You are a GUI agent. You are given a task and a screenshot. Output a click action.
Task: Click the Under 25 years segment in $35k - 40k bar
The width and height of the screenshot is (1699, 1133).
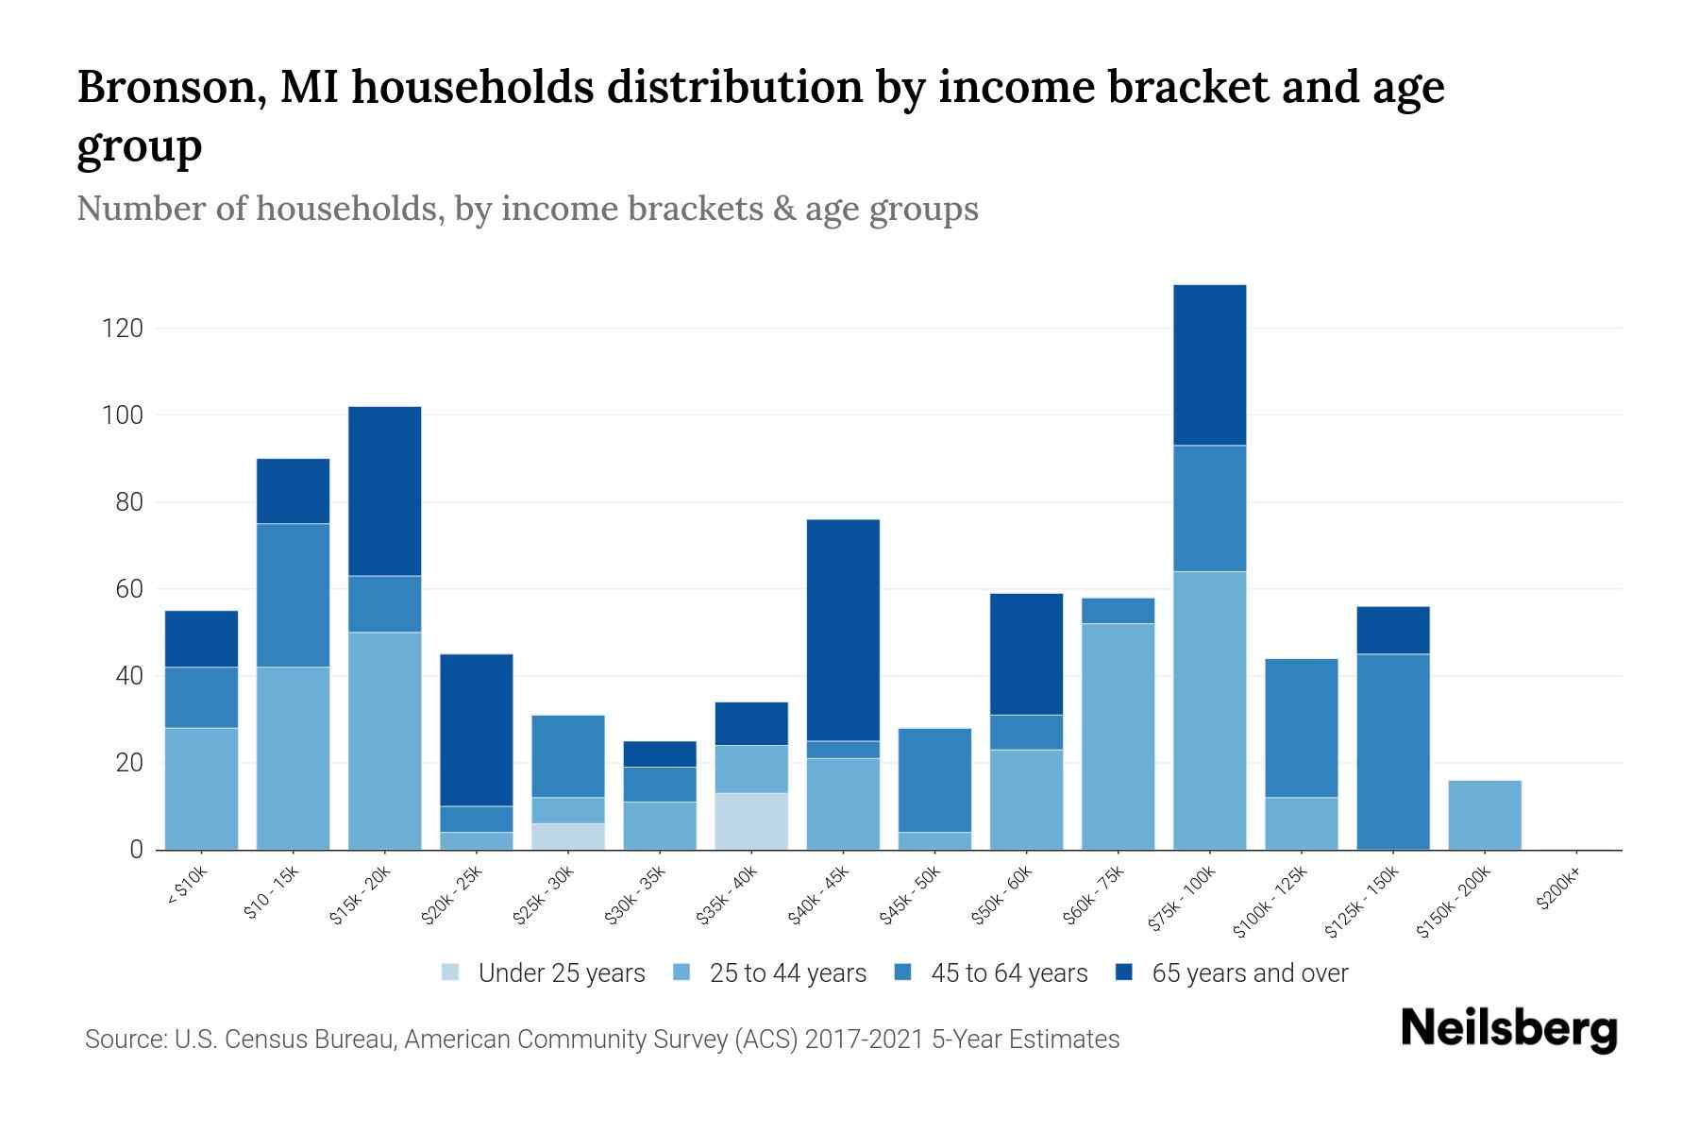pos(751,820)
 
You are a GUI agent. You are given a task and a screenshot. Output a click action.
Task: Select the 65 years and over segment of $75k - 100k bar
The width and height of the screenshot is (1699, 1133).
pos(1209,364)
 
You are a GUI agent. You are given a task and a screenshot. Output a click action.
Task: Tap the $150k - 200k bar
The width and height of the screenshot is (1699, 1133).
pos(1484,815)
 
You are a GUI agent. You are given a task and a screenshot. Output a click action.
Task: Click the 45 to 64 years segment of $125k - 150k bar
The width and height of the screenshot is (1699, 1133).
pos(1392,752)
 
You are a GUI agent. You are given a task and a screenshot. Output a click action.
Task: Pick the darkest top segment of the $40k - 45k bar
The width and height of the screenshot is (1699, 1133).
pos(843,630)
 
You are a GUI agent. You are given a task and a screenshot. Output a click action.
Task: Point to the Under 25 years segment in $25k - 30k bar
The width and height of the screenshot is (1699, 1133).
pos(568,837)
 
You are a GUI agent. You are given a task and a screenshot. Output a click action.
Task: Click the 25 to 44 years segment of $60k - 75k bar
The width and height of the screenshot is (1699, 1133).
pos(1118,736)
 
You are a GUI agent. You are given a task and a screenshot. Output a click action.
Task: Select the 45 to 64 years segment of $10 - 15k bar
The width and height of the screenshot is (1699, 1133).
pos(293,595)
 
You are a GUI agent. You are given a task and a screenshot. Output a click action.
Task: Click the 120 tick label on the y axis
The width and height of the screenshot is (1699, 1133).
pos(123,329)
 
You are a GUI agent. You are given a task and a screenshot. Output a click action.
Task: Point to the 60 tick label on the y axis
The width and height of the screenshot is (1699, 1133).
pos(128,589)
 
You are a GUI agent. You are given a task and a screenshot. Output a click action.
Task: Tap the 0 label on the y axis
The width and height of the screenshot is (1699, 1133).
pos(136,850)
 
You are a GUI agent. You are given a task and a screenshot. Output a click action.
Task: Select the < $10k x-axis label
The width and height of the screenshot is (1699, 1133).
pos(187,888)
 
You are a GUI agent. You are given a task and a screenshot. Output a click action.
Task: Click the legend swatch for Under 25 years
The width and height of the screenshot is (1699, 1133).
pos(451,972)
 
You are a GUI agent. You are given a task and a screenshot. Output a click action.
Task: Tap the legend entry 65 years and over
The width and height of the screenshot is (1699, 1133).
pos(1249,973)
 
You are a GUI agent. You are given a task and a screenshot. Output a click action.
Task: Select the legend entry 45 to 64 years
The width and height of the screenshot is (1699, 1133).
pos(1008,973)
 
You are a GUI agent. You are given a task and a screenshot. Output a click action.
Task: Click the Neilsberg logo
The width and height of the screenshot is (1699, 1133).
pos(1509,1030)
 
